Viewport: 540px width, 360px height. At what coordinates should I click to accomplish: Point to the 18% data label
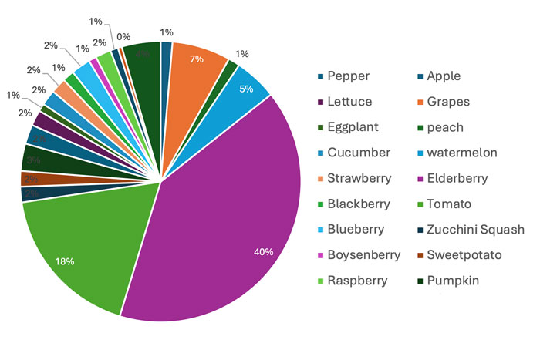coord(65,262)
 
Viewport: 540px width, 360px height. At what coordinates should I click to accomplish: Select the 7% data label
coord(197,59)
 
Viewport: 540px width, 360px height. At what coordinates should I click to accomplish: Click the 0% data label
coord(123,35)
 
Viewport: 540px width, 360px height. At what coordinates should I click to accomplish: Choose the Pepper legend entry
coord(348,76)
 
